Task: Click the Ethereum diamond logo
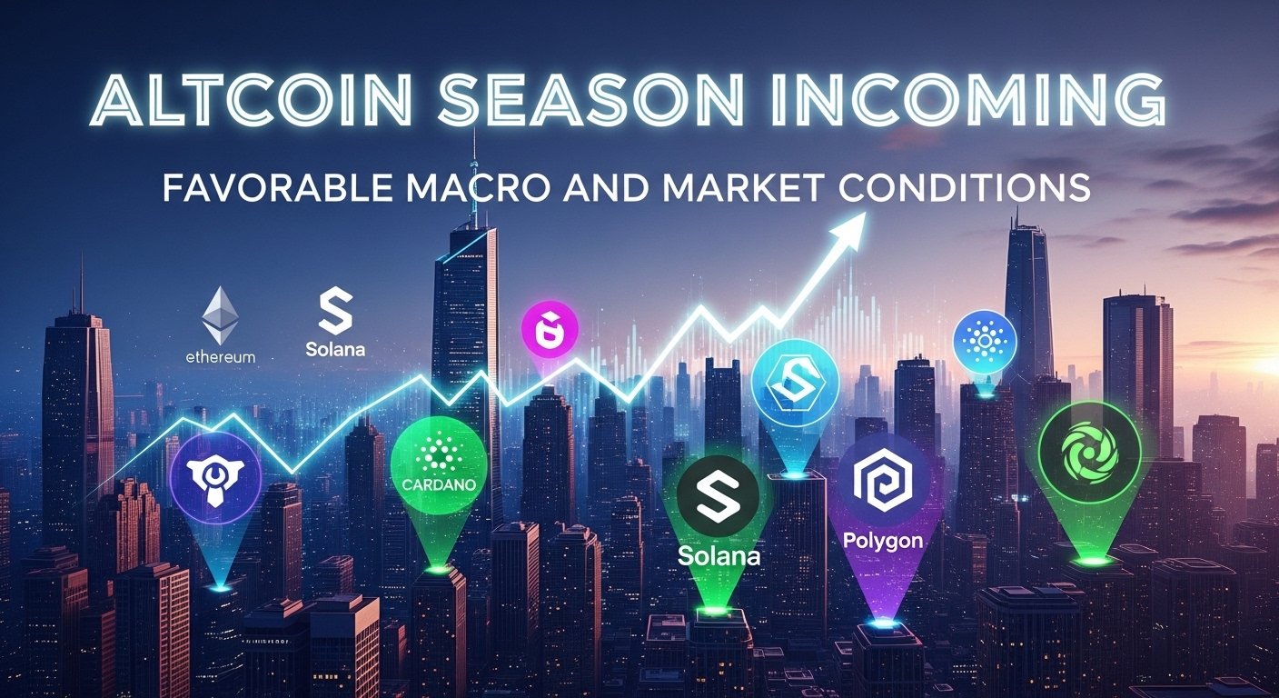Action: (220, 315)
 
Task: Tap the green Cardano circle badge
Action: (439, 467)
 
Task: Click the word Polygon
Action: (883, 541)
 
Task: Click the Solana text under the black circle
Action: (719, 554)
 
